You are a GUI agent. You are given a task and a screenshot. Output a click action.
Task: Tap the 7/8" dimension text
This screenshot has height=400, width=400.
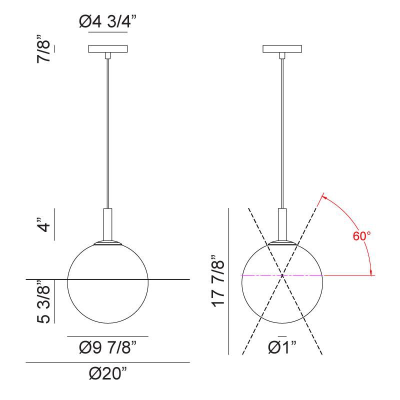pyautogui.click(x=46, y=48)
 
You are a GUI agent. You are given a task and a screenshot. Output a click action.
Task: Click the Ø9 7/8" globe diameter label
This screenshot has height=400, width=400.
pyautogui.click(x=107, y=346)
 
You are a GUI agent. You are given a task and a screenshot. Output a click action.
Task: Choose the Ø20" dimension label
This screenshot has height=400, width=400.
pyautogui.click(x=107, y=373)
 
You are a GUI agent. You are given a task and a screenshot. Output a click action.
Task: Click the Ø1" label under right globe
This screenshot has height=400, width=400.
pyautogui.click(x=282, y=346)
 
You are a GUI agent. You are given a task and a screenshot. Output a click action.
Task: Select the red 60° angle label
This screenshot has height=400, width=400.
pyautogui.click(x=361, y=236)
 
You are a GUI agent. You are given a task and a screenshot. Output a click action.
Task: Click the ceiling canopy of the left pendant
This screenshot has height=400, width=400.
pyautogui.click(x=107, y=49)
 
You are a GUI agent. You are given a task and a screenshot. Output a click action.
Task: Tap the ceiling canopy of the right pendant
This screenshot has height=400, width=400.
pyautogui.click(x=282, y=49)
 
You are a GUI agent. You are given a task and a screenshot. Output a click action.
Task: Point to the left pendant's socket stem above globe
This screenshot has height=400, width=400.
pyautogui.click(x=107, y=224)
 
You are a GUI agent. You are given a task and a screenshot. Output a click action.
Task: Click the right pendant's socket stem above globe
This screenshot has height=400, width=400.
pyautogui.click(x=282, y=224)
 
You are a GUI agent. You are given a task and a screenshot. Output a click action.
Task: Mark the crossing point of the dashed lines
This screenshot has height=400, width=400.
pyautogui.click(x=282, y=275)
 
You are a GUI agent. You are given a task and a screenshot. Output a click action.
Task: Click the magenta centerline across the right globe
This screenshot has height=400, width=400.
pyautogui.click(x=260, y=275)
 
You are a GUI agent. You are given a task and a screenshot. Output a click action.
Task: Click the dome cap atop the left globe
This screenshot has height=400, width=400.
pyautogui.click(x=107, y=243)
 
